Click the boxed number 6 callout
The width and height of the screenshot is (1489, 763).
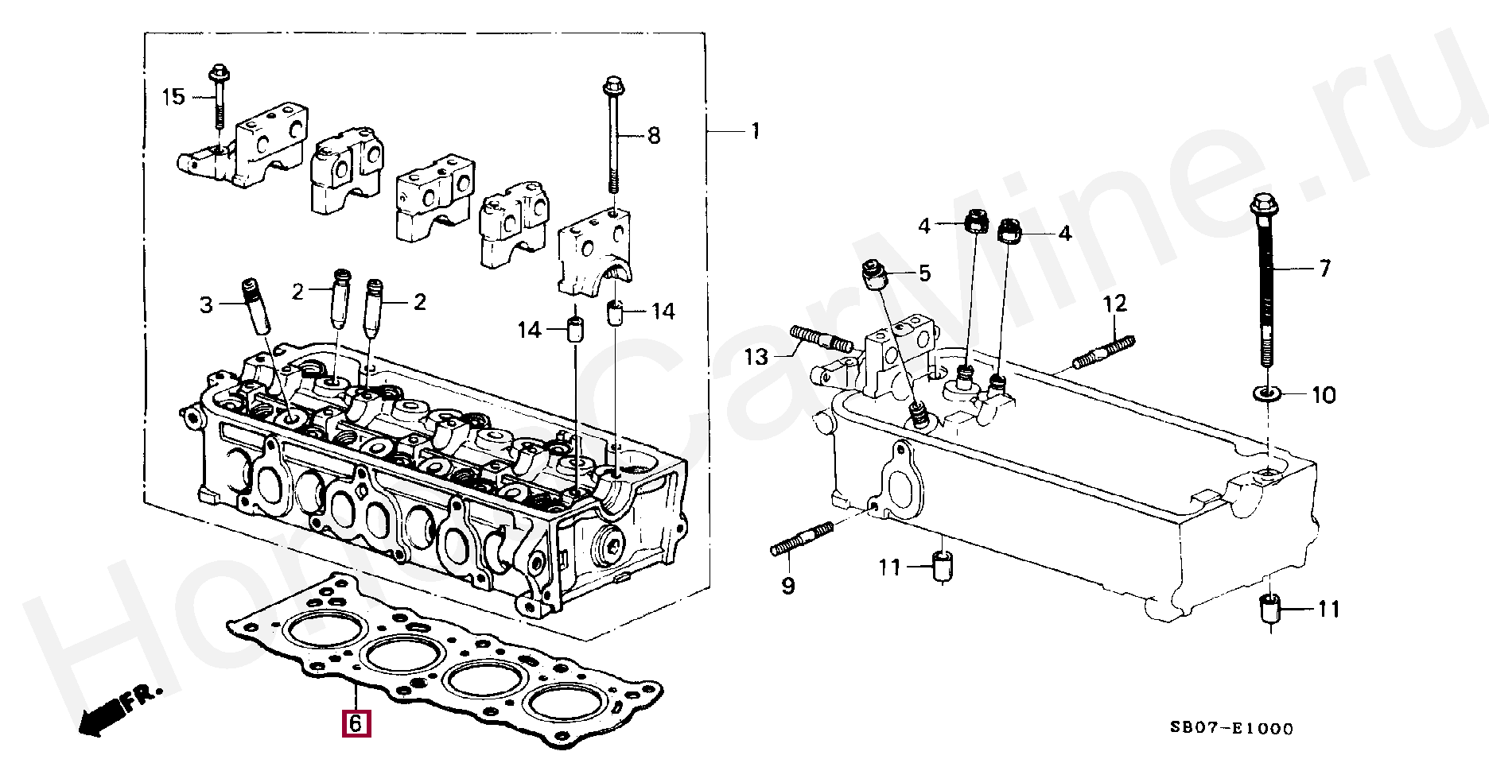(x=356, y=723)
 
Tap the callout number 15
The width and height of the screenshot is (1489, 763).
(x=173, y=97)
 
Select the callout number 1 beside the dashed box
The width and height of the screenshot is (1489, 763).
(x=755, y=130)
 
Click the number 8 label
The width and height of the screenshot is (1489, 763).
(x=653, y=136)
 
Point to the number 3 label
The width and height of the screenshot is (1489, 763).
(x=206, y=304)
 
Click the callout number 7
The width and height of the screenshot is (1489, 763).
(x=1324, y=269)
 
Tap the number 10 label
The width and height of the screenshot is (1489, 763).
(x=1324, y=394)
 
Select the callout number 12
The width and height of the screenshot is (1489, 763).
(x=1115, y=303)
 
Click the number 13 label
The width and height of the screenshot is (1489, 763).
(x=756, y=357)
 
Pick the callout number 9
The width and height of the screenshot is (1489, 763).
(x=787, y=587)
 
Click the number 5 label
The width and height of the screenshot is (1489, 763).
(x=923, y=274)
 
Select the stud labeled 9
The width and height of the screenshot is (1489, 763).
(x=802, y=538)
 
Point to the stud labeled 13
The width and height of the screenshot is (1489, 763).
(x=822, y=339)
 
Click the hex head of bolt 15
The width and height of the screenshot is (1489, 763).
(x=217, y=74)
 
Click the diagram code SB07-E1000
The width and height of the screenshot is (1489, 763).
(x=1231, y=728)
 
